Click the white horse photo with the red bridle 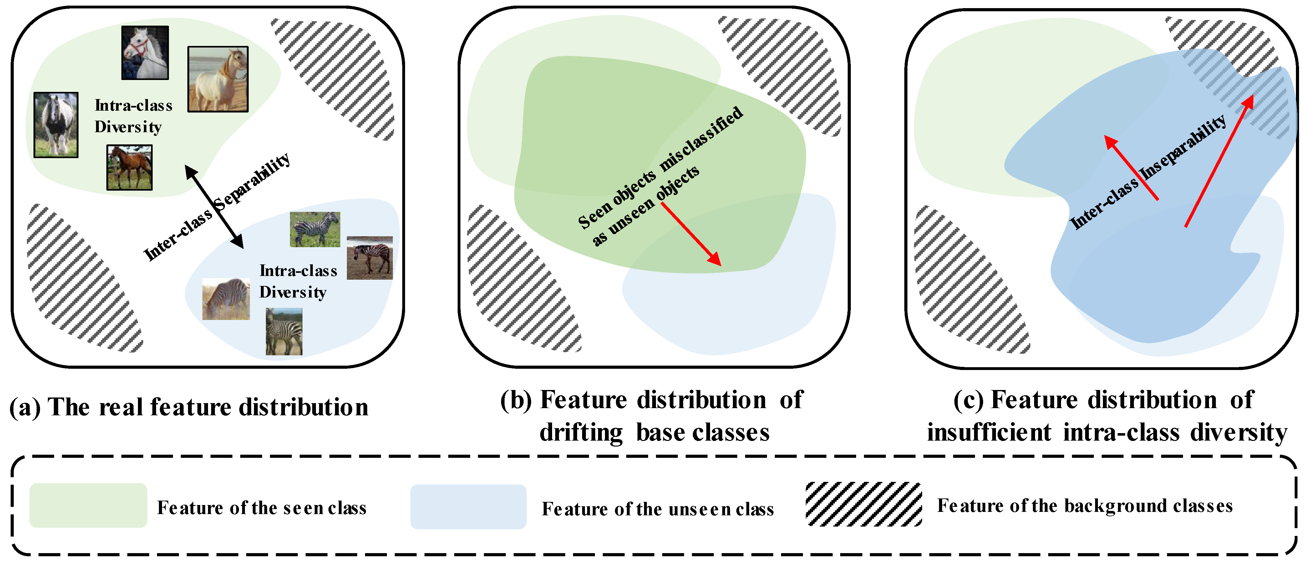pyautogui.click(x=145, y=53)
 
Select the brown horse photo pyautogui.click(x=129, y=168)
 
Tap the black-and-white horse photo pyautogui.click(x=56, y=125)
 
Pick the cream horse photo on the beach pyautogui.click(x=218, y=79)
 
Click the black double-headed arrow pyautogui.click(x=214, y=207)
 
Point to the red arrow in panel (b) pyautogui.click(x=691, y=234)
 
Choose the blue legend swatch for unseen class pyautogui.click(x=468, y=507)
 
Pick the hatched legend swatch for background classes pyautogui.click(x=864, y=504)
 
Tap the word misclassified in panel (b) pyautogui.click(x=702, y=138)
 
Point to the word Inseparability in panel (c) pyautogui.click(x=1182, y=147)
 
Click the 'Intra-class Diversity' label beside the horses pyautogui.click(x=133, y=116)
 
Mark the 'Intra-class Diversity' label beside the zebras pyautogui.click(x=298, y=282)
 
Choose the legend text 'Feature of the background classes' pyautogui.click(x=1085, y=506)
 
